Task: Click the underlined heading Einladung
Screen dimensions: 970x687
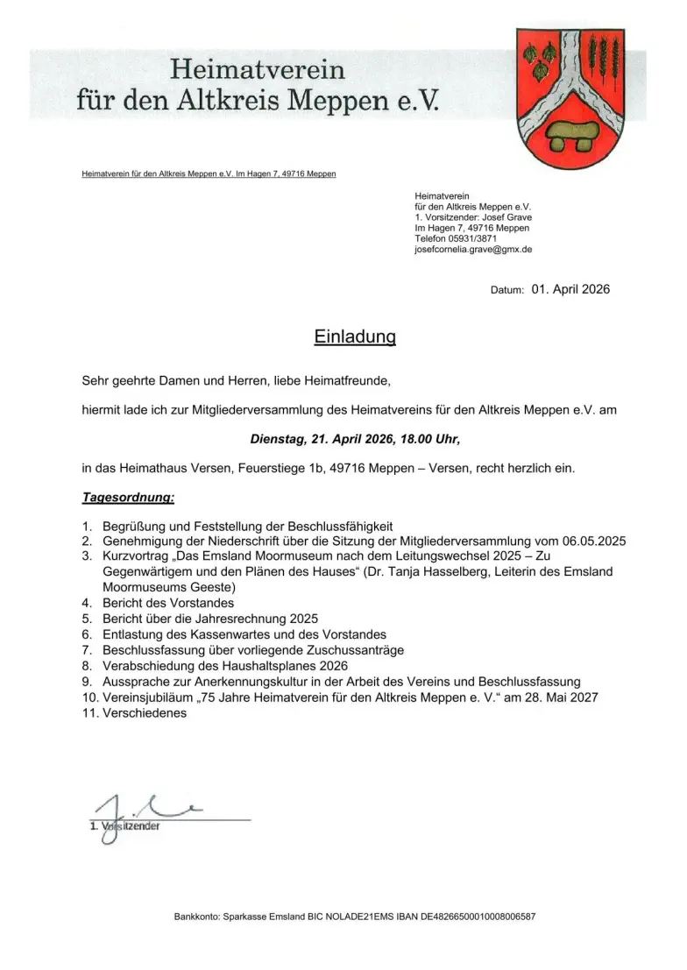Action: click(x=355, y=337)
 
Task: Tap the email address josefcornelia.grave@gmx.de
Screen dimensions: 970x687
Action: click(x=473, y=250)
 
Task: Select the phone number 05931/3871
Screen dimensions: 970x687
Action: click(x=474, y=238)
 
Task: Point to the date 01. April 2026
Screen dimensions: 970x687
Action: click(x=570, y=289)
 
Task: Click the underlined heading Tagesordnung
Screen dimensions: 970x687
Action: click(x=128, y=498)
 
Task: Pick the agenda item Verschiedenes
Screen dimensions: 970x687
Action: click(x=145, y=713)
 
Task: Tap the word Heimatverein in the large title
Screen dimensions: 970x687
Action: click(x=257, y=68)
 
